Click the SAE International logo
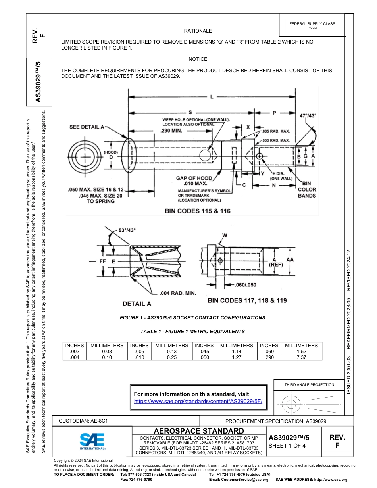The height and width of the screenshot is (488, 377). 92,441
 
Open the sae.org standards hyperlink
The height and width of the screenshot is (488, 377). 198,401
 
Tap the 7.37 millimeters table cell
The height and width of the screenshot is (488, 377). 301,357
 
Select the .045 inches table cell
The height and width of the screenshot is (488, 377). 204,351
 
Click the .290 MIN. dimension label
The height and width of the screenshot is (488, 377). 171,130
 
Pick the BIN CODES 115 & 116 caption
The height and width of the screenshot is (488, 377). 198,211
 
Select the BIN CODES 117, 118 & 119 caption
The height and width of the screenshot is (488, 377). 247,300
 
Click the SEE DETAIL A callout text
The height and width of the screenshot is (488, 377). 87,127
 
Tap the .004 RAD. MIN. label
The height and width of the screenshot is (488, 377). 178,293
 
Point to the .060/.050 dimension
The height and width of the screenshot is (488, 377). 245,285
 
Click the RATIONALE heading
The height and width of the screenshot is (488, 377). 198,31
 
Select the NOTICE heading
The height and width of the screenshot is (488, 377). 198,59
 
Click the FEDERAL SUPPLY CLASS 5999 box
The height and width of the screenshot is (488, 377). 312,26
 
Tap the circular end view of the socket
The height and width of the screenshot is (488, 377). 85,156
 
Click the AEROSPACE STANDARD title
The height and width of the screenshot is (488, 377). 199,431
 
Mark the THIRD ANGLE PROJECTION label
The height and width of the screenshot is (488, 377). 309,384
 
